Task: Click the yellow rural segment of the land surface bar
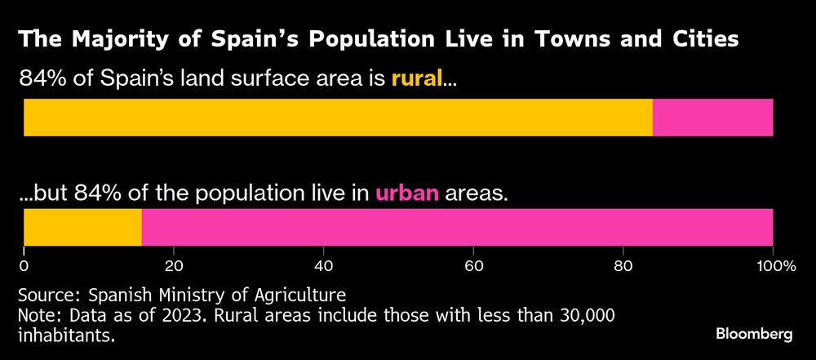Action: click(338, 118)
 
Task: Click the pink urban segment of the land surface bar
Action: click(712, 118)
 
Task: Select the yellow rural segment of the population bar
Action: click(82, 227)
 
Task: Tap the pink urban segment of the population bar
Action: click(457, 227)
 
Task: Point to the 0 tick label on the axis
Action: click(24, 265)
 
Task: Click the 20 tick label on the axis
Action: click(173, 265)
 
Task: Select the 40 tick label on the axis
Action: click(323, 265)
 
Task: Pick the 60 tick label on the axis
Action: click(473, 265)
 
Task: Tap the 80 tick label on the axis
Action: click(623, 265)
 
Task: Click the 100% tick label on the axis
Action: click(771, 265)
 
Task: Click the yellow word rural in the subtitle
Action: click(416, 79)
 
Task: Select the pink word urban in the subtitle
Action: click(407, 193)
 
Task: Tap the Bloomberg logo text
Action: click(754, 334)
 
